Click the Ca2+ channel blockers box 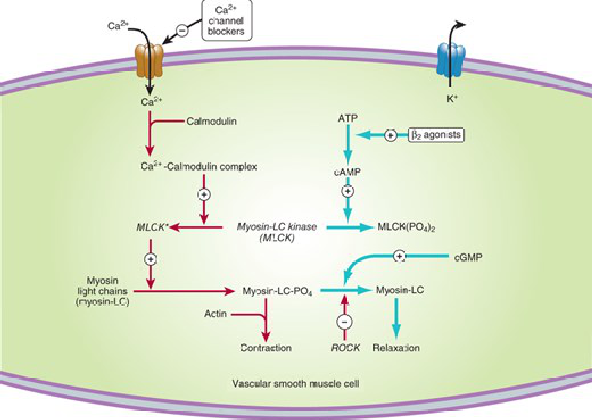point(226,21)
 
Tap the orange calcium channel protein point(149,61)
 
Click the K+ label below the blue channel point(452,99)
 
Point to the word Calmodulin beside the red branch point(211,121)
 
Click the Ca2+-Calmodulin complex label point(199,167)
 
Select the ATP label point(348,118)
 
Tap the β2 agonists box point(436,135)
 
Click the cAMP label point(347,172)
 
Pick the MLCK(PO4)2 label point(406,227)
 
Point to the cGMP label point(468,257)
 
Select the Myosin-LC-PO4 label point(277,291)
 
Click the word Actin point(215,313)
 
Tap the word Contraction point(266,348)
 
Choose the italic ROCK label point(345,348)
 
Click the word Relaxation point(396,348)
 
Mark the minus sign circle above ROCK point(344,322)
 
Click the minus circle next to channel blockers point(182,30)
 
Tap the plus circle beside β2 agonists point(391,135)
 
